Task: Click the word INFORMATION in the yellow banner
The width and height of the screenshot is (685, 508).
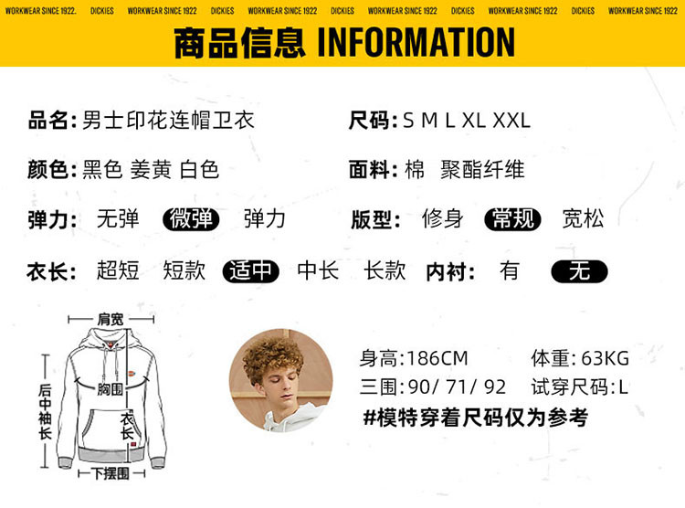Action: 416,42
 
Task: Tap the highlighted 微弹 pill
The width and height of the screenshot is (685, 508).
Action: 191,219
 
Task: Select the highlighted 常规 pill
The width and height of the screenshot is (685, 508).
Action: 513,219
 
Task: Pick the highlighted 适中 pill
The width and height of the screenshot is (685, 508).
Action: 251,271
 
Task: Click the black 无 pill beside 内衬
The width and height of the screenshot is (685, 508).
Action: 579,271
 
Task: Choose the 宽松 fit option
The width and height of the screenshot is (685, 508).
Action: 584,218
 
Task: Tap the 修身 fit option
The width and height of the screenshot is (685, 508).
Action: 443,218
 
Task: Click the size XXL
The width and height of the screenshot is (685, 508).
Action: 511,121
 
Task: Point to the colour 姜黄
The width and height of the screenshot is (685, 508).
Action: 151,170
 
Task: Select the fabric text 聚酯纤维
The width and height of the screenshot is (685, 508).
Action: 482,170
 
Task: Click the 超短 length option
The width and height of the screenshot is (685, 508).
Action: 118,270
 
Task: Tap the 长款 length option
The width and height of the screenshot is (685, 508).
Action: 385,270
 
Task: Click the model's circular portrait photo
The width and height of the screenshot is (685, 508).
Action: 281,381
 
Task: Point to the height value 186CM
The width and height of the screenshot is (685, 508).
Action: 437,358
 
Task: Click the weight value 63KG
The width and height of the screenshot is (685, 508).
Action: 605,358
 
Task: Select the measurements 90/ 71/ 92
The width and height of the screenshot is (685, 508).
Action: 457,386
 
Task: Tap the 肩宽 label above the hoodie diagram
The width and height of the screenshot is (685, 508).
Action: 111,319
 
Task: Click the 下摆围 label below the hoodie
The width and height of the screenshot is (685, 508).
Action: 111,473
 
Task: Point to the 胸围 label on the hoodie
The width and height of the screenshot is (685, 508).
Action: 111,388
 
